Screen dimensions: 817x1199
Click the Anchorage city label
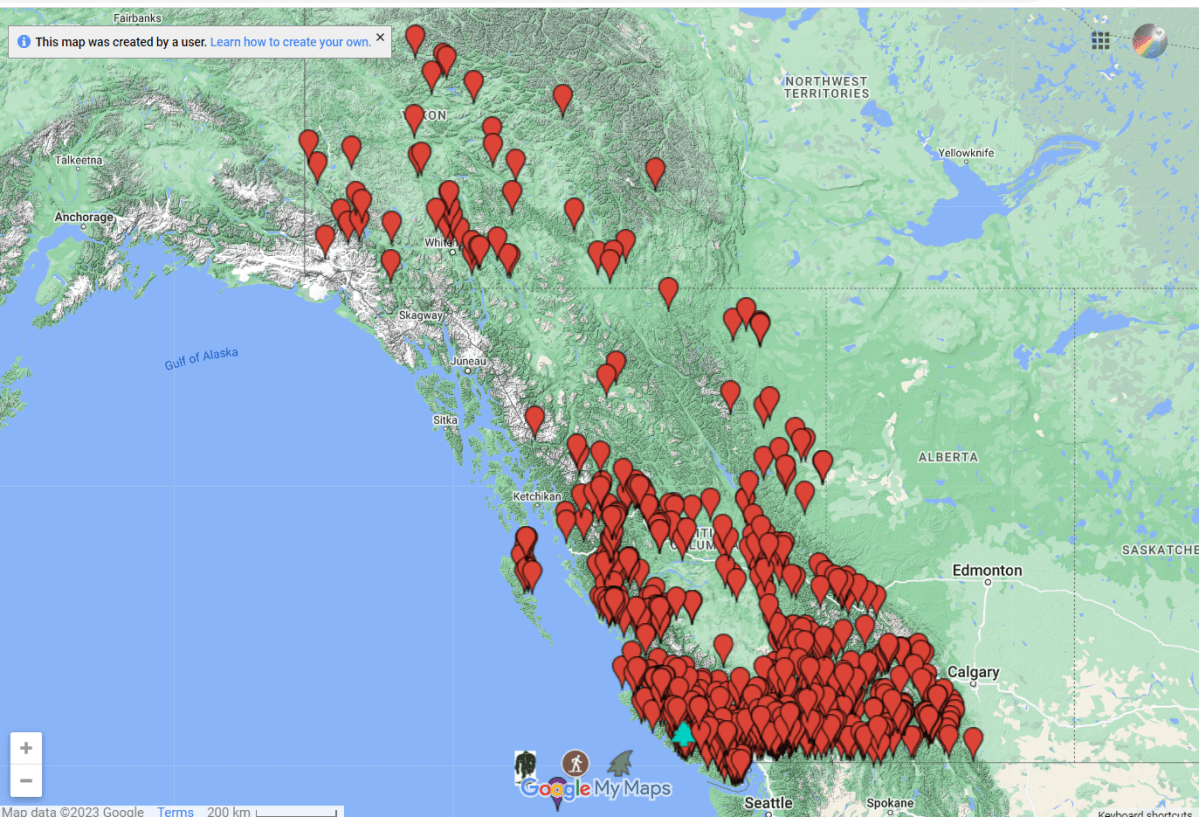[84, 217]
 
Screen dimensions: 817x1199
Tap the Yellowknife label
[966, 153]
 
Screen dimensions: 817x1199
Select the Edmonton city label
[987, 571]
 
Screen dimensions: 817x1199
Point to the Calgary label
[973, 672]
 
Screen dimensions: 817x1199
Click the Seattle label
[769, 803]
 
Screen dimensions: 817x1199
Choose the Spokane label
[890, 803]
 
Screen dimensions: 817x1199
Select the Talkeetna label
[79, 160]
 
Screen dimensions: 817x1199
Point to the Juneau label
[468, 361]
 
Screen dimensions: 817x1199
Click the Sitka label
[445, 420]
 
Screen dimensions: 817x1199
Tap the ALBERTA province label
[948, 457]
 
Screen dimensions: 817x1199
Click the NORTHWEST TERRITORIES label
[827, 87]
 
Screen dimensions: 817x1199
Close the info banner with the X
[380, 38]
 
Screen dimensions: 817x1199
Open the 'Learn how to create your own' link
[290, 42]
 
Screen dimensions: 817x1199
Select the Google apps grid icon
[1101, 40]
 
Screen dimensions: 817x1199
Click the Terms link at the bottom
[176, 811]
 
